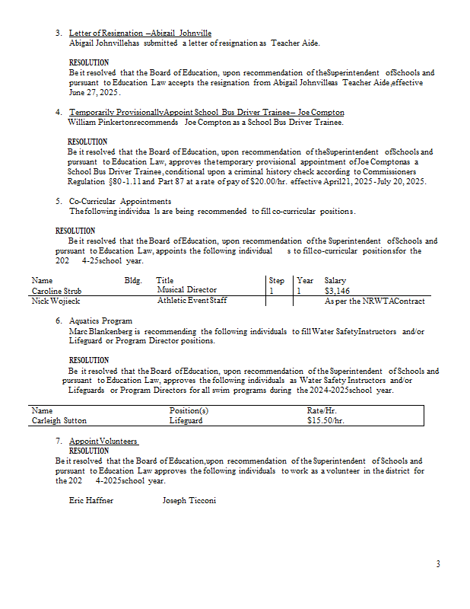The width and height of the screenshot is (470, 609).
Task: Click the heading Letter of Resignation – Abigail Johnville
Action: pyautogui.click(x=140, y=33)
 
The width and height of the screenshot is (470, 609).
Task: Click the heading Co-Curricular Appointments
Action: pyautogui.click(x=119, y=202)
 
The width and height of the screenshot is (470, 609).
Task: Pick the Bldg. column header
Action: pyautogui.click(x=133, y=281)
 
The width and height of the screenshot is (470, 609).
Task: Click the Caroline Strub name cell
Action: pyautogui.click(x=56, y=291)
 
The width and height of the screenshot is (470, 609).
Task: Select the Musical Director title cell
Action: pyautogui.click(x=186, y=290)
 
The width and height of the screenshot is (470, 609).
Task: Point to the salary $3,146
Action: pyautogui.click(x=337, y=291)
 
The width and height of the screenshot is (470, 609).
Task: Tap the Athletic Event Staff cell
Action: pyautogui.click(x=192, y=301)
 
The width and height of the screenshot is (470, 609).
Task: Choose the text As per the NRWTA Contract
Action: pyautogui.click(x=374, y=301)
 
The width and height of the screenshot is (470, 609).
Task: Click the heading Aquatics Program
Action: pyautogui.click(x=100, y=321)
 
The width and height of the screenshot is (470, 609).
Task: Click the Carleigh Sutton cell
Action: pyautogui.click(x=59, y=420)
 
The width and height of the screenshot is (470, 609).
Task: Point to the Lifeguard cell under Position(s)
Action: pyautogui.click(x=186, y=420)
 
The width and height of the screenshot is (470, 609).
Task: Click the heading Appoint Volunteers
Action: pyautogui.click(x=103, y=442)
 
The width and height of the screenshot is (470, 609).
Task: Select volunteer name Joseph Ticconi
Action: pyautogui.click(x=189, y=501)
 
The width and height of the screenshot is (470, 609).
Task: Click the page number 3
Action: pyautogui.click(x=437, y=564)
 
